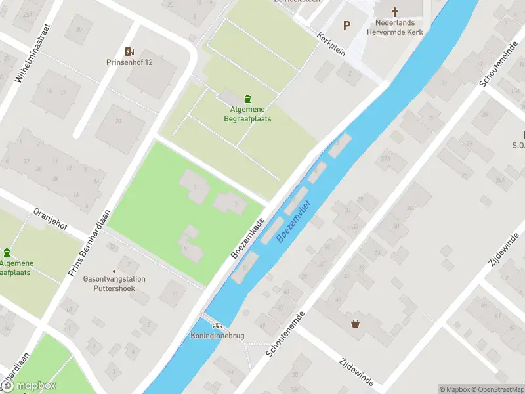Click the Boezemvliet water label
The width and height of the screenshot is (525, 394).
pyautogui.click(x=293, y=220)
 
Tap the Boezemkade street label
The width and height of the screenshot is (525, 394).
pyautogui.click(x=247, y=238)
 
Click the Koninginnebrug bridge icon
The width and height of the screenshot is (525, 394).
pyautogui.click(x=217, y=325)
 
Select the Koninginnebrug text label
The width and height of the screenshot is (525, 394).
pyautogui.click(x=217, y=336)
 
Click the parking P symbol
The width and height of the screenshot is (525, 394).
pyautogui.click(x=346, y=26)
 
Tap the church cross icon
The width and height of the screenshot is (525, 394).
pyautogui.click(x=395, y=12)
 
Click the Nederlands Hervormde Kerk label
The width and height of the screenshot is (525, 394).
pyautogui.click(x=394, y=27)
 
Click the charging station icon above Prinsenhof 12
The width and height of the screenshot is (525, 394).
pyautogui.click(x=129, y=51)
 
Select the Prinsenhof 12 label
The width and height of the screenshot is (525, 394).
pyautogui.click(x=129, y=62)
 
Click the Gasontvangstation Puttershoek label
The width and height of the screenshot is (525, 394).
pyautogui.click(x=114, y=283)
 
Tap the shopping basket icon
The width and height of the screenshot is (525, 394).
pyautogui.click(x=356, y=323)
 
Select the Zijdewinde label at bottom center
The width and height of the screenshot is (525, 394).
pyautogui.click(x=356, y=372)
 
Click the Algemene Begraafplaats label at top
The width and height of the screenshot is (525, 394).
pyautogui.click(x=246, y=114)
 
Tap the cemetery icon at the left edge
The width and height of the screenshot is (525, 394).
pyautogui.click(x=7, y=252)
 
